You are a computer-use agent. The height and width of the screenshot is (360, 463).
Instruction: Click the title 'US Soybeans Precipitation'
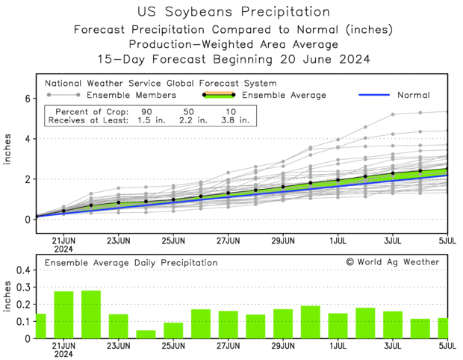coord(234,12)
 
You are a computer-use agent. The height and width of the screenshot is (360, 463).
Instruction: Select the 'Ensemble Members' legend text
coord(131,95)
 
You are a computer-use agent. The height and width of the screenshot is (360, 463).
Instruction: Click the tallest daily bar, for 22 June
coord(91,314)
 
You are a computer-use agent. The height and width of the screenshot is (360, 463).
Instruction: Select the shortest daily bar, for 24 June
coord(146,334)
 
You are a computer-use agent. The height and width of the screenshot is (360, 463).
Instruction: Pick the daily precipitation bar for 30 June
coord(311,322)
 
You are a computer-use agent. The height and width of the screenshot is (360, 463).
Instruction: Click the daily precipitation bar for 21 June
coord(63,314)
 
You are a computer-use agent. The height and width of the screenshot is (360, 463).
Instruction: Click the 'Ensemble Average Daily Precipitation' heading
coord(131,263)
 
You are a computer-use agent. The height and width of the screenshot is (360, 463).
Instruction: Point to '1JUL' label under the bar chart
coord(338,347)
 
